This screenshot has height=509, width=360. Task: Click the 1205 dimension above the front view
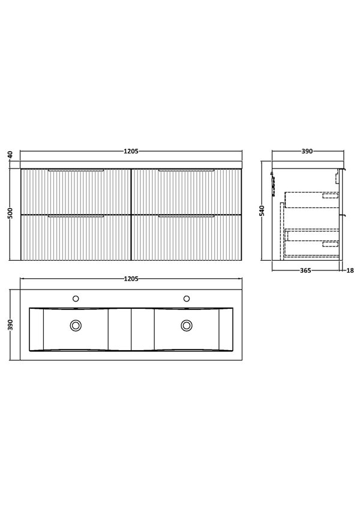pyautogui.click(x=132, y=152)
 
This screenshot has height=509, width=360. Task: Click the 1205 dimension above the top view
pyautogui.click(x=132, y=279)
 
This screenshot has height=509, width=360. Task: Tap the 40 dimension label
pyautogui.click(x=10, y=155)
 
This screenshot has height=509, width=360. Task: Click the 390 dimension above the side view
pyautogui.click(x=307, y=152)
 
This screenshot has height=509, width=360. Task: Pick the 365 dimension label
pyautogui.click(x=304, y=271)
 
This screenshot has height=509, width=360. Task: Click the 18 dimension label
pyautogui.click(x=350, y=271)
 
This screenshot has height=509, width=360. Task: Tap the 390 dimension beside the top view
pyautogui.click(x=10, y=325)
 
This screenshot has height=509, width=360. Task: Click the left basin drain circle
pyautogui.click(x=76, y=325)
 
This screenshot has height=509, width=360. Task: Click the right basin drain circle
pyautogui.click(x=187, y=325)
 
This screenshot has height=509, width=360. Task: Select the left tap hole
pyautogui.click(x=76, y=298)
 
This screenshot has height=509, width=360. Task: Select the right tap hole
pyautogui.click(x=187, y=298)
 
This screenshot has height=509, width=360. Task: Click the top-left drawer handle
pyautogui.click(x=76, y=171)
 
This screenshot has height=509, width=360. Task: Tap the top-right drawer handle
pyautogui.click(x=187, y=171)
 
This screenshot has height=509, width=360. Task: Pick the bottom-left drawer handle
pyautogui.click(x=76, y=216)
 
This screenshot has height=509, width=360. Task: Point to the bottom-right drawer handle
pyautogui.click(x=187, y=216)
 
